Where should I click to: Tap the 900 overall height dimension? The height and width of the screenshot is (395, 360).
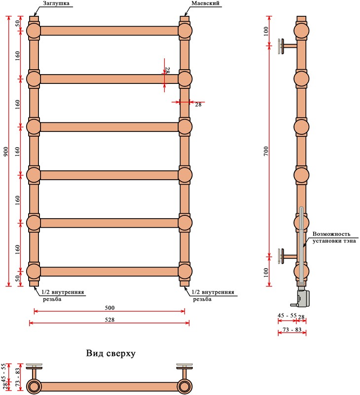click(5, 152)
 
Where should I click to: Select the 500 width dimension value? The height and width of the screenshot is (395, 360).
click(109, 307)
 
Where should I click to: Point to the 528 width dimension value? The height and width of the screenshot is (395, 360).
click(109, 319)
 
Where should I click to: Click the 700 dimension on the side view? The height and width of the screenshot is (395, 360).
click(266, 152)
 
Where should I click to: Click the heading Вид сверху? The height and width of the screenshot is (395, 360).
click(110, 354)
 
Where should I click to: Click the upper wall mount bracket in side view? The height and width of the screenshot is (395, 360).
click(286, 46)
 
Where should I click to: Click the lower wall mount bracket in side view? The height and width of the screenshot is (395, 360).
click(286, 256)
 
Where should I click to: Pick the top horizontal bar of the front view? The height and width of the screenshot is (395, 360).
click(109, 31)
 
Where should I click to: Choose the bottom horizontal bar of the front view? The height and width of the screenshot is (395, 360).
click(109, 272)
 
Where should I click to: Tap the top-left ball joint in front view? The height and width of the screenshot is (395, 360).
click(34, 31)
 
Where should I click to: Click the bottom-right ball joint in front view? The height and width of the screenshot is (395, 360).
click(184, 272)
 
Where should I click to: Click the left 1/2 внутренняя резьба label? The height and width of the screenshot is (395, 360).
click(62, 295)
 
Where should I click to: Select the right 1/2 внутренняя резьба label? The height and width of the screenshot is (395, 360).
click(213, 295)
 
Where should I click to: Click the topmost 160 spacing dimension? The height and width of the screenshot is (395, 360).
click(17, 55)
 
